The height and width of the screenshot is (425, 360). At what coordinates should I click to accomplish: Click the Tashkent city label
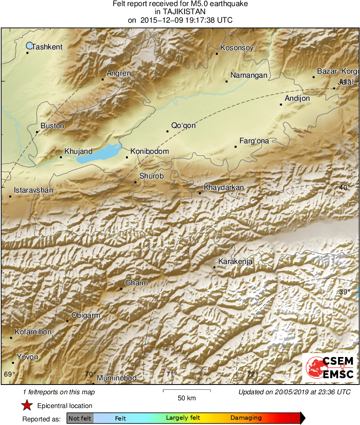click(x=47, y=47)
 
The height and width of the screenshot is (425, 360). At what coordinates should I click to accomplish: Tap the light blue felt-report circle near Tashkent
click(x=29, y=46)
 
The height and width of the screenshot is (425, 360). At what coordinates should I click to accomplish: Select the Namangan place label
click(x=249, y=75)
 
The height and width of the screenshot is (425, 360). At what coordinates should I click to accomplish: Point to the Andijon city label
click(x=297, y=98)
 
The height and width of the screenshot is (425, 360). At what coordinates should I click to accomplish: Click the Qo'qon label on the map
click(x=183, y=125)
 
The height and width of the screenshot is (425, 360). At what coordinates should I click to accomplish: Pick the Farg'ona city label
click(x=254, y=141)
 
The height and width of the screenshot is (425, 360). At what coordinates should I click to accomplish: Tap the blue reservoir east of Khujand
click(x=97, y=154)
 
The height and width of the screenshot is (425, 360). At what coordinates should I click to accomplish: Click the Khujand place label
click(x=78, y=151)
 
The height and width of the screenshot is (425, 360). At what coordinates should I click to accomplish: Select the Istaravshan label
click(x=33, y=190)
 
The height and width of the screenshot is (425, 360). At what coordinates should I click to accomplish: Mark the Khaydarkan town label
click(x=224, y=187)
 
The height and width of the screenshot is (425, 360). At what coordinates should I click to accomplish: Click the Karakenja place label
click(x=235, y=261)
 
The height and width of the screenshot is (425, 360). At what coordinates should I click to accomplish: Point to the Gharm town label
click(x=136, y=283)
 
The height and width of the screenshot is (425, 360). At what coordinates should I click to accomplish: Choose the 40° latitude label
click(x=345, y=187)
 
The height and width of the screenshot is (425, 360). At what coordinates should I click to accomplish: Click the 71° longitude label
click(x=172, y=374)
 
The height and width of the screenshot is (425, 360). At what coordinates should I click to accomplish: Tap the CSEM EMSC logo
click(x=330, y=367)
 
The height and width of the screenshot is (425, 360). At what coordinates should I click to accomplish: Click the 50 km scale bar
click(x=186, y=391)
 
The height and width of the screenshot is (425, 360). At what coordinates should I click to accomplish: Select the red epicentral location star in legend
click(x=27, y=405)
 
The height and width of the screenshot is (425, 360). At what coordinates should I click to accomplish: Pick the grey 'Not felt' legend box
click(x=80, y=418)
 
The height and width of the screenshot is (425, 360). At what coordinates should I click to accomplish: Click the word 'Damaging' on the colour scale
click(x=246, y=418)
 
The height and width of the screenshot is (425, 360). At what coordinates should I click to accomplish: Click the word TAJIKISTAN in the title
click(x=180, y=12)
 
